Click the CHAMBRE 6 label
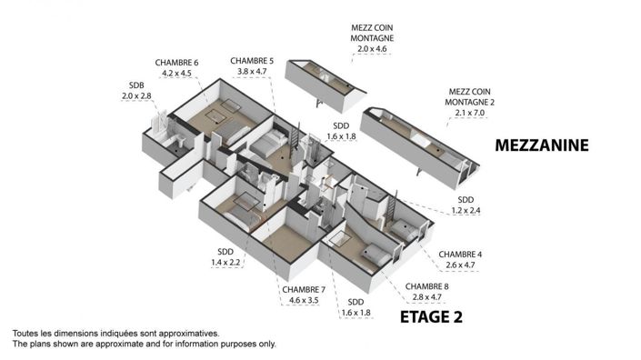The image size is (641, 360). pyautogui.click(x=176, y=63)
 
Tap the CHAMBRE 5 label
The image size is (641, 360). pyautogui.click(x=252, y=60)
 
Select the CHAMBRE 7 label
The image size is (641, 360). pyautogui.click(x=303, y=288)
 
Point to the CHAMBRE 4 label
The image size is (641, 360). pyautogui.click(x=460, y=254)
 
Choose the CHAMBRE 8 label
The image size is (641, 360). pyautogui.click(x=426, y=285)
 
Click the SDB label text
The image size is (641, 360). pyautogui.click(x=133, y=85)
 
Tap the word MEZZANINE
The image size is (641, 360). pyautogui.click(x=543, y=145)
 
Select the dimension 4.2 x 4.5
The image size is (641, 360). pyautogui.click(x=176, y=74)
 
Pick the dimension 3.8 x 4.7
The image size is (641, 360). pyautogui.click(x=252, y=71)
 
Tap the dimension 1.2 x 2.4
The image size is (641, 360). pyautogui.click(x=466, y=211)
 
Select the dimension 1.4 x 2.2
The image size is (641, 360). pyautogui.click(x=225, y=263)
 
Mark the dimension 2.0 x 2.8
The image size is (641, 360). pyautogui.click(x=133, y=96)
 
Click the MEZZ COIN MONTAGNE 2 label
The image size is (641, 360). pyautogui.click(x=470, y=95)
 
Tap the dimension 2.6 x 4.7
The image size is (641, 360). pyautogui.click(x=460, y=265)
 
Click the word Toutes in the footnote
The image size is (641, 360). pyautogui.click(x=28, y=334)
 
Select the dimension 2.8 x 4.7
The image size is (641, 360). pyautogui.click(x=426, y=295)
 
